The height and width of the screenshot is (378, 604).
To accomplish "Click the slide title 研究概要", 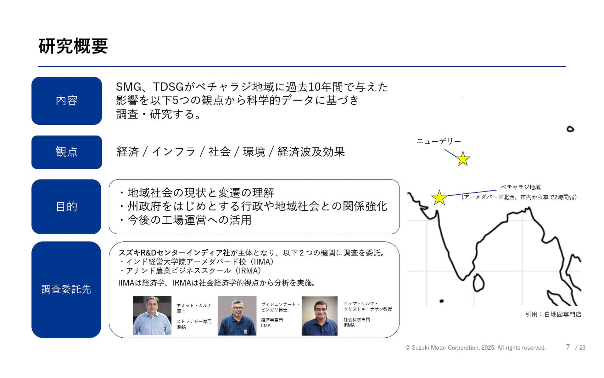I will click(73, 46).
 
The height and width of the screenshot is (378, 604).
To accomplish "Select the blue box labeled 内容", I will click(66, 101).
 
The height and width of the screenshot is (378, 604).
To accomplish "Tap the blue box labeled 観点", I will click(66, 152).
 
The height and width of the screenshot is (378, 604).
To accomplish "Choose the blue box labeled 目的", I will click(66, 207).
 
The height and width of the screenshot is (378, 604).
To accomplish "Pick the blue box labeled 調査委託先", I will click(66, 289).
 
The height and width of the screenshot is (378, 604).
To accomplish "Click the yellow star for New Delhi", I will click(463, 159).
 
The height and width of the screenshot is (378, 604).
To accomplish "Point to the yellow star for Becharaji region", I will click(439, 198).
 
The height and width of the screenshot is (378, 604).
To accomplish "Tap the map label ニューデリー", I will click(439, 141).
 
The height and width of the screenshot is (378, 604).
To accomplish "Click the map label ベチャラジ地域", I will click(521, 187).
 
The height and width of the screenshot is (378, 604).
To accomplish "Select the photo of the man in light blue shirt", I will click(152, 315).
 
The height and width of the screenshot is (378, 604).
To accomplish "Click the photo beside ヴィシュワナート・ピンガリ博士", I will click(237, 316).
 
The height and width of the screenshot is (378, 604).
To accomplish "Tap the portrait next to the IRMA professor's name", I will click(319, 316).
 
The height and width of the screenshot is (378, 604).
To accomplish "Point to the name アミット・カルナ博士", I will click(193, 308).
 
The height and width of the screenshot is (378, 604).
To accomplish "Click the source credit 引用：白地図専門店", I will click(553, 314).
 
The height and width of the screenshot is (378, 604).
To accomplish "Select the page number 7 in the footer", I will click(568, 347).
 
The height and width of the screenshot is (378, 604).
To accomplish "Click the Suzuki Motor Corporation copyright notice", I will click(475, 348).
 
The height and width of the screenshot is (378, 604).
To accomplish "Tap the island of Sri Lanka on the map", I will click(478, 283).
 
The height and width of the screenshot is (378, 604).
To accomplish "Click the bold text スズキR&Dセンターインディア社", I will click(174, 253).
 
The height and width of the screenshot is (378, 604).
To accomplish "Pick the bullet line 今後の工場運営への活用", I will click(189, 220).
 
